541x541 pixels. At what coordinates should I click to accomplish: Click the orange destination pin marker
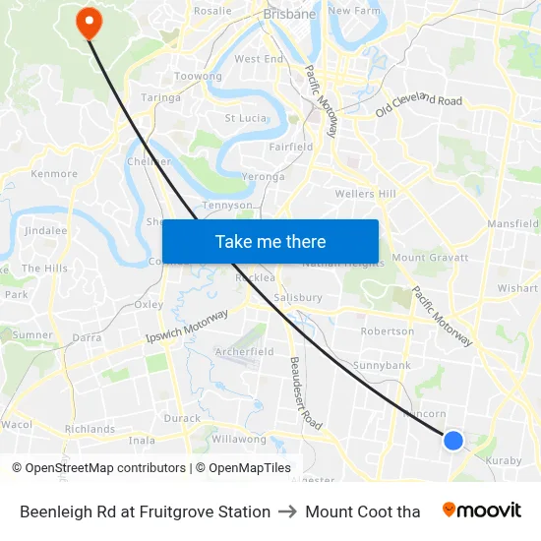coord(88,21)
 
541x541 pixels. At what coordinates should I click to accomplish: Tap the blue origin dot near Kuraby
coord(453,440)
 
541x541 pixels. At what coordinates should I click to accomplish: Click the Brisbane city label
coord(289,14)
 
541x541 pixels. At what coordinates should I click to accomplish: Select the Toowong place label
coord(197,76)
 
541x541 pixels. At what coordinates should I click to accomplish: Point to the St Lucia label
coord(246,118)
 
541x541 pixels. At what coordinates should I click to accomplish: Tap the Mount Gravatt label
coord(429,258)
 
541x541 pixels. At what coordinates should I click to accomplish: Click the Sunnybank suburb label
coord(382,365)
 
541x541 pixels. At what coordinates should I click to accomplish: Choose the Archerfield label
coord(244,351)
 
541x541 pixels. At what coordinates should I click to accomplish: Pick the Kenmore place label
coord(54,174)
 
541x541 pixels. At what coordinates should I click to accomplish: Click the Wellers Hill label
coord(365,194)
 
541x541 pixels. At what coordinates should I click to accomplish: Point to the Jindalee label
coord(45,230)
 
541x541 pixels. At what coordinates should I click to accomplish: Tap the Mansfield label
coord(512,224)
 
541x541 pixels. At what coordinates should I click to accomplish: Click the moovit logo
coord(482,511)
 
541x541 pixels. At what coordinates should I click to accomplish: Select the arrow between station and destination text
coord(287,511)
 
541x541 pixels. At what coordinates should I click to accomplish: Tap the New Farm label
coord(353,11)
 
